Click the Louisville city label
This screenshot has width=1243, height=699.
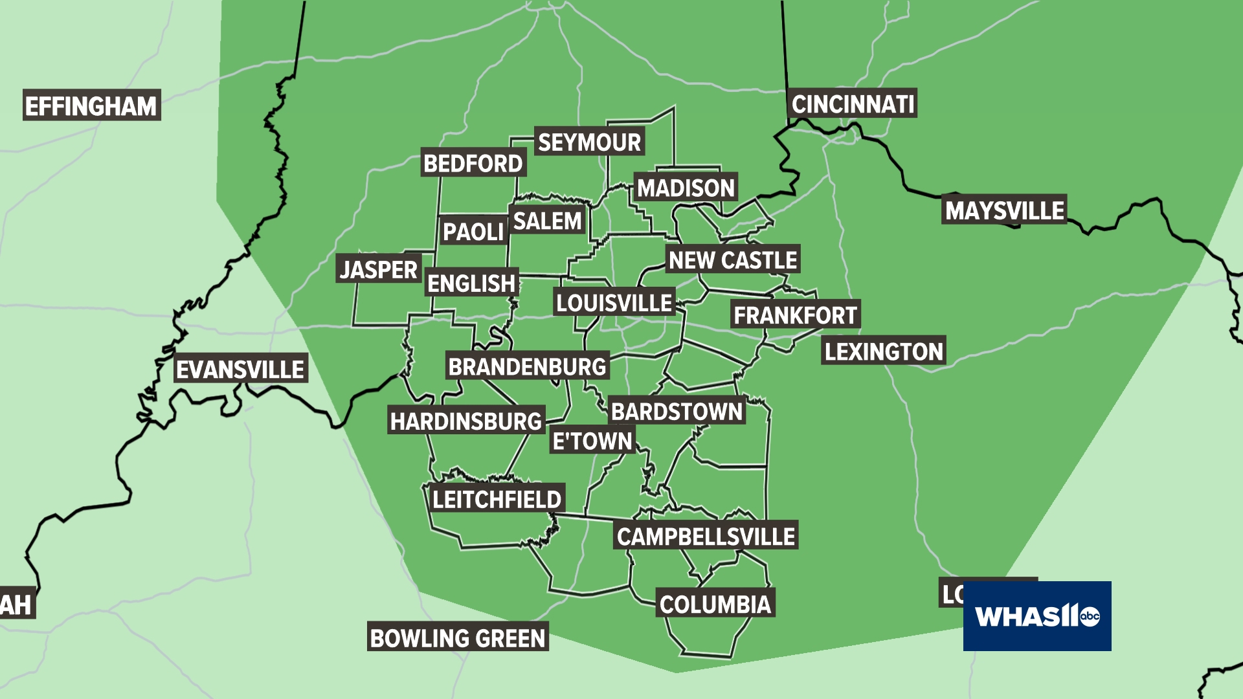[x=614, y=302]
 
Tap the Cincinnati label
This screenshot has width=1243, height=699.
[x=853, y=104]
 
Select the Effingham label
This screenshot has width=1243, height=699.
[x=91, y=106]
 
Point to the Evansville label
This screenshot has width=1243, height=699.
[x=240, y=370]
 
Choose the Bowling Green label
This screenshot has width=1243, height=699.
[x=458, y=638]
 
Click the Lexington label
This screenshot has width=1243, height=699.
[x=884, y=351]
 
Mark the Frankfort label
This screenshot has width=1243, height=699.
[x=795, y=315]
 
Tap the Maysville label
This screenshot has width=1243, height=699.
[x=1005, y=210]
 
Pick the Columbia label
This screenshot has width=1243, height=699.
[x=715, y=605]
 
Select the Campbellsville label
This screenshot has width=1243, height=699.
[x=706, y=536]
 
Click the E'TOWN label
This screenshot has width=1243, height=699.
[x=592, y=441]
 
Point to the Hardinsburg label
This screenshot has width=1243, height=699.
[x=466, y=421]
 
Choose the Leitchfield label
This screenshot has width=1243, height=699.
[x=497, y=499]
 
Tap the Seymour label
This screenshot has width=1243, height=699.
[x=590, y=142]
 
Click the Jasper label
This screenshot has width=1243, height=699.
[x=379, y=269]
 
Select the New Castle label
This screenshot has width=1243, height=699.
[x=733, y=260]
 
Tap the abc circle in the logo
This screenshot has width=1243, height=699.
[x=1090, y=617]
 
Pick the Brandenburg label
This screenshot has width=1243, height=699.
[x=527, y=367]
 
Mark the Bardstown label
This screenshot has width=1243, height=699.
[x=677, y=412]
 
